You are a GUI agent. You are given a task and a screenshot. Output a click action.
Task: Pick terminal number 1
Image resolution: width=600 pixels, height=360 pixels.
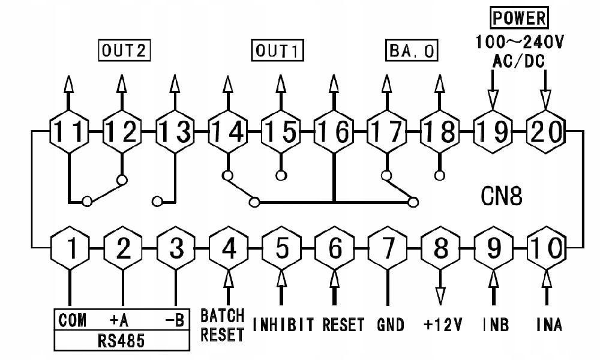(71, 247)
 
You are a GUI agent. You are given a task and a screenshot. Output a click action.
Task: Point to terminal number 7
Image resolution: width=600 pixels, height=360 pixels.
(388, 247)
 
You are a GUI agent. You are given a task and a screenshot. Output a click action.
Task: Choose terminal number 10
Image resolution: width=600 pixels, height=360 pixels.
(546, 247)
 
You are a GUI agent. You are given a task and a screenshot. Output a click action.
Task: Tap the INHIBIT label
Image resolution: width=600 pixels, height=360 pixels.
(283, 325)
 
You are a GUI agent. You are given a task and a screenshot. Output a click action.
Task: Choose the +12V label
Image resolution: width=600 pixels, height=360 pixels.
(443, 325)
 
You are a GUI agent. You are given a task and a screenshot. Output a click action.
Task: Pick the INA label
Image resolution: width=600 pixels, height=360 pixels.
(549, 325)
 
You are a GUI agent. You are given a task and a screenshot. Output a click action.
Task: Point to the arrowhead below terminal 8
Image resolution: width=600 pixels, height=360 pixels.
(441, 295)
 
